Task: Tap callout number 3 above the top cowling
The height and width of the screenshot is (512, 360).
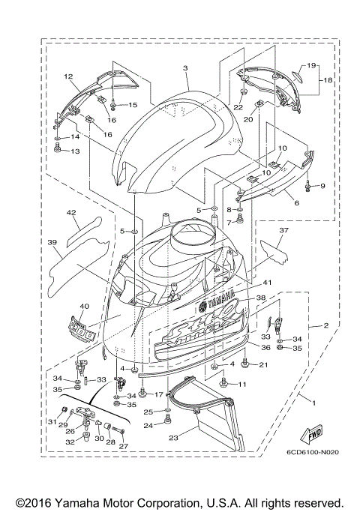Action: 184,68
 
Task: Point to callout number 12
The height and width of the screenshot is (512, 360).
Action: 67,76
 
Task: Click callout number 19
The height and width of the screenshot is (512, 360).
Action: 311,65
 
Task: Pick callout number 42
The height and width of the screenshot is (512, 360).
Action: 72,213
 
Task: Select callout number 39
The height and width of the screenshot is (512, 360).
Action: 52,243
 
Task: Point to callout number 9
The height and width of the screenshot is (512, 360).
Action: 323,185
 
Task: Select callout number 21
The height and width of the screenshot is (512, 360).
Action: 263,364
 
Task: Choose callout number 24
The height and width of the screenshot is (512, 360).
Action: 148,425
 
